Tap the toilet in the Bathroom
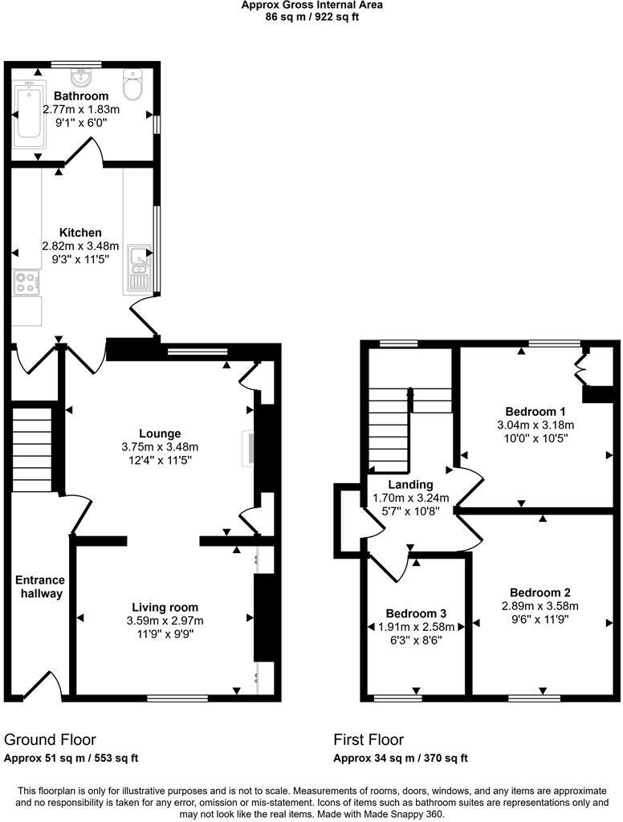coord(133,83)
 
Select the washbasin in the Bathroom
coord(81,79)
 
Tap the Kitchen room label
coord(80,232)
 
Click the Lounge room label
coord(159,433)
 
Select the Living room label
coord(165,607)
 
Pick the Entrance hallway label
coord(39,587)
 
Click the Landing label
coord(411,484)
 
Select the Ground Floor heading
coord(50,739)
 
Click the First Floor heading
coord(369,739)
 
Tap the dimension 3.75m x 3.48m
coord(159,447)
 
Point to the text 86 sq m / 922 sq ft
coord(311,17)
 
